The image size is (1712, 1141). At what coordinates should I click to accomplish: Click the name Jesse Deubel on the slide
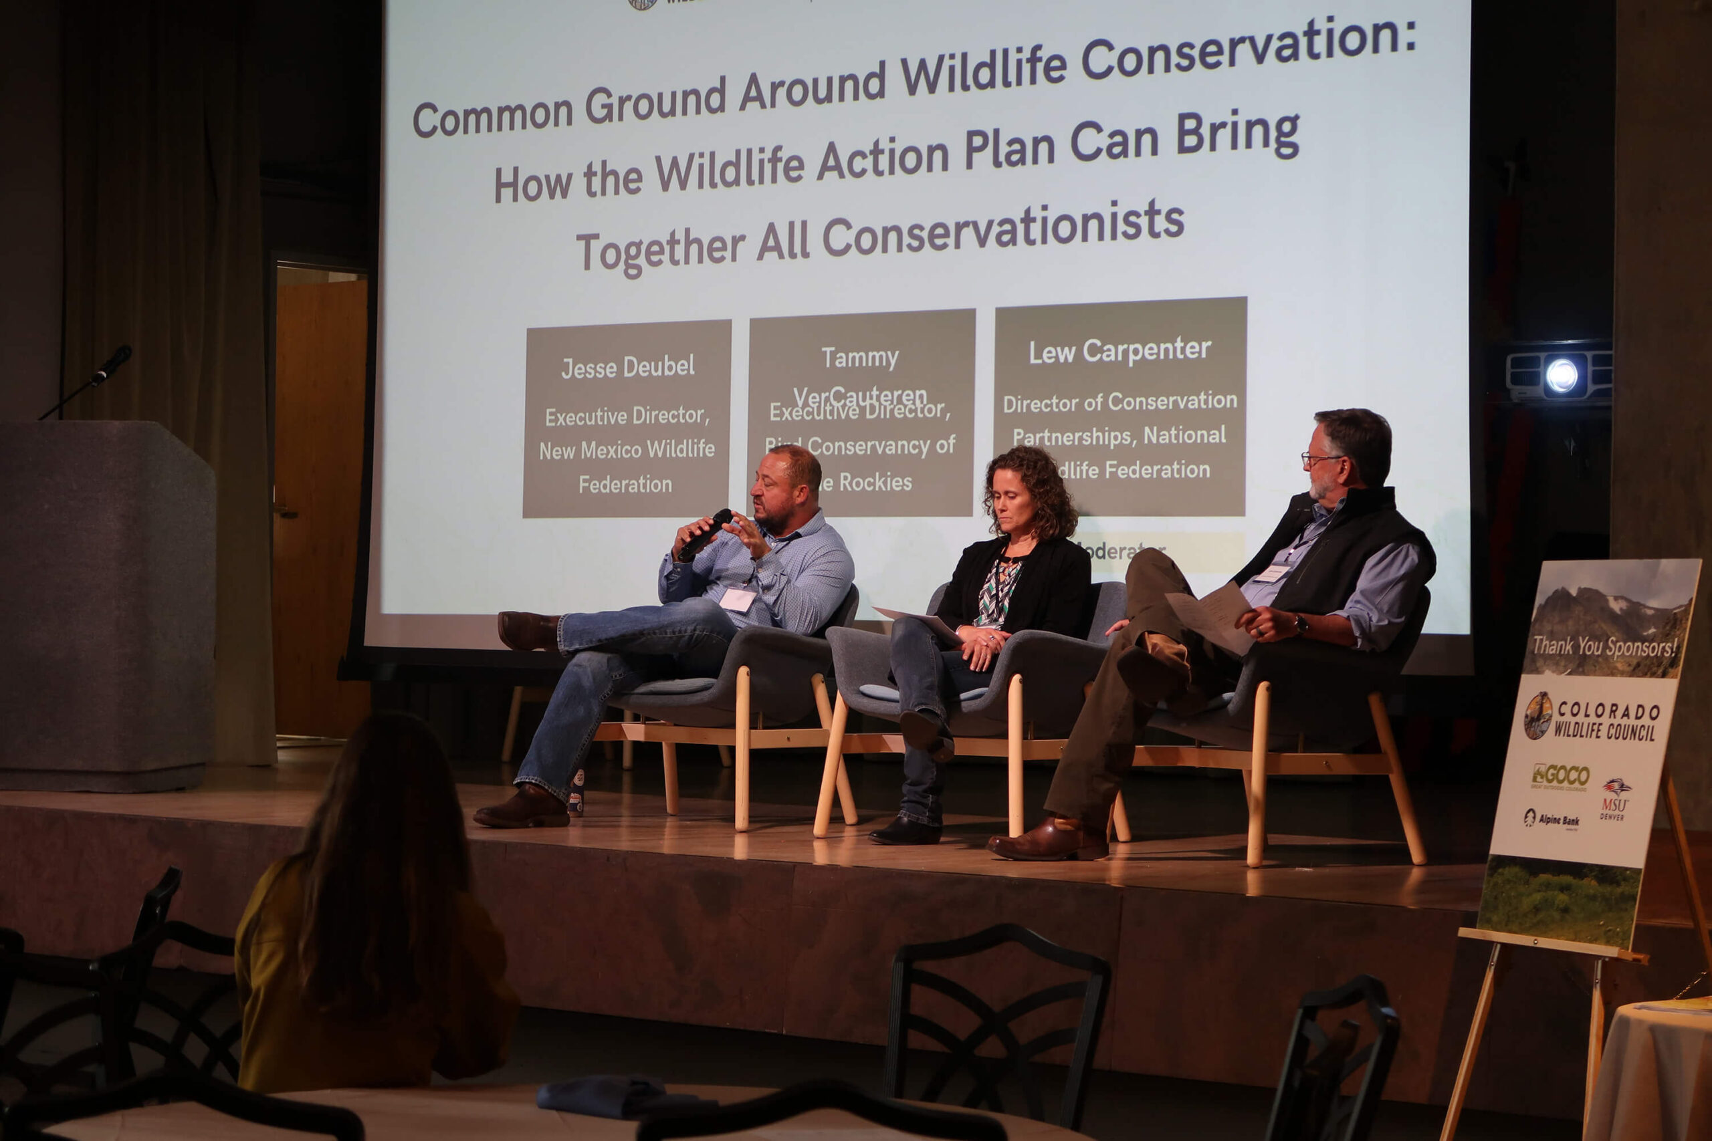coord(627,367)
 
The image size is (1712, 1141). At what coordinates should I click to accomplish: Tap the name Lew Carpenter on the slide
coord(1119,351)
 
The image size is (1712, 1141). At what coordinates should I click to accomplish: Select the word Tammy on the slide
coord(859,358)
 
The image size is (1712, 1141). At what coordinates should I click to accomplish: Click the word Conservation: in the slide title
coord(1248,47)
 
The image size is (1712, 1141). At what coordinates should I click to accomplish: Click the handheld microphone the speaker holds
coord(704,535)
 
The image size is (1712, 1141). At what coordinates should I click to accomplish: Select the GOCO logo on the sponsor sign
coord(1561,775)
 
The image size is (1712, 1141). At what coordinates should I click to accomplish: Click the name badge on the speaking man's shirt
coord(738,600)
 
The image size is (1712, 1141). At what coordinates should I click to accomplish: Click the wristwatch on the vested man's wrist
coord(1301,624)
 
